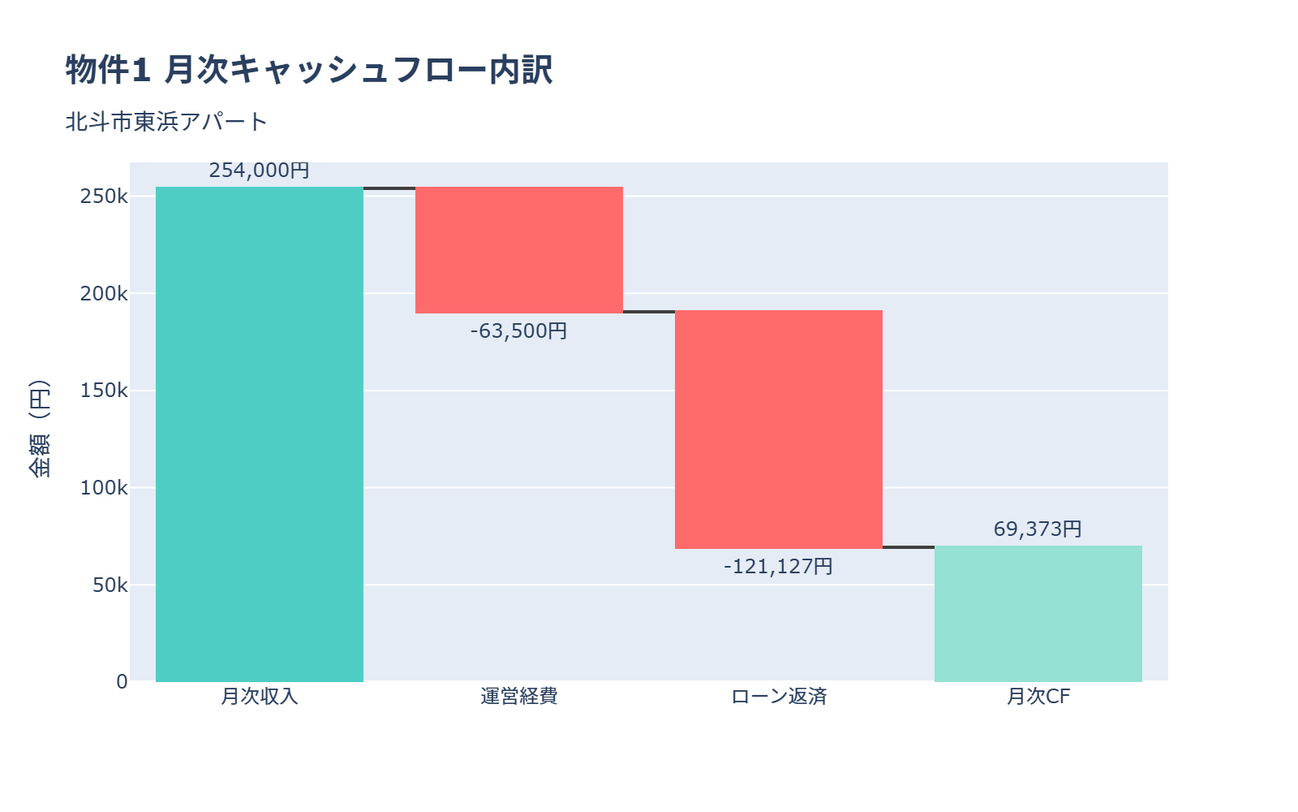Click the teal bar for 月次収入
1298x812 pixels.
tap(260, 434)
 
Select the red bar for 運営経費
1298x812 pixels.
tap(519, 250)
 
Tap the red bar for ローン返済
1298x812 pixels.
tap(779, 430)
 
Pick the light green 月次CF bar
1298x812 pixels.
tap(1038, 614)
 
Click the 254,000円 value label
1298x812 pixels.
tap(259, 171)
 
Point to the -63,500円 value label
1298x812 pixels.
tap(518, 331)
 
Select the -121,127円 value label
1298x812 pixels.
tap(778, 566)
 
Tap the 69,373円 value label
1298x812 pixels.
tap(1038, 529)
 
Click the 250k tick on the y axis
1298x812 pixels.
tap(104, 197)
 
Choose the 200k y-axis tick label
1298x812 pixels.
tap(104, 294)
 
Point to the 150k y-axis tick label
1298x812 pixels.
tap(104, 391)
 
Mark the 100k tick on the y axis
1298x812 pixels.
tap(104, 488)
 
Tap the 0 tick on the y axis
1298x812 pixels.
tap(122, 682)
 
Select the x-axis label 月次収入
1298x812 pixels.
tap(260, 697)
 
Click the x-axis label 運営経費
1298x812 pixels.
tap(519, 697)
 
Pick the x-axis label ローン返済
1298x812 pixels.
tap(779, 697)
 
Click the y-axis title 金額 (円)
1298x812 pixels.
tap(39, 429)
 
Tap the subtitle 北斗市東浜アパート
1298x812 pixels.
tap(166, 122)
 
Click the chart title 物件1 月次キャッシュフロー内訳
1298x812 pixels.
tap(309, 70)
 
